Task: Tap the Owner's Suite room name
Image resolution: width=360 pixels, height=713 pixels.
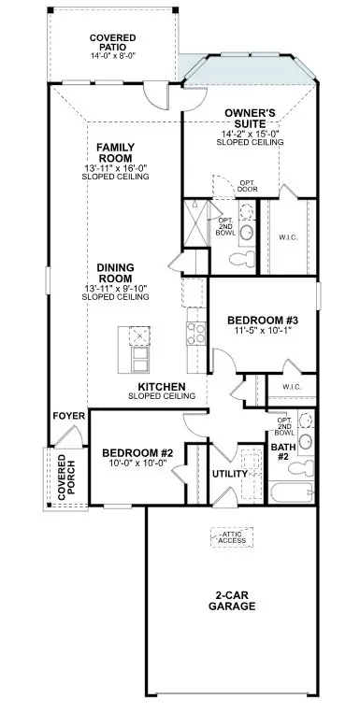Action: click(249, 119)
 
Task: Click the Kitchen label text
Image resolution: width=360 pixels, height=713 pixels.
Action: click(161, 386)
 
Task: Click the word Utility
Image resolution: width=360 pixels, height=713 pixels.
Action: click(230, 474)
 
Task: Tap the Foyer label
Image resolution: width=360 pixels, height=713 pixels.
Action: click(68, 416)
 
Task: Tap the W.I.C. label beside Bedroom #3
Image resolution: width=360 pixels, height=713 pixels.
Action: click(286, 386)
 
